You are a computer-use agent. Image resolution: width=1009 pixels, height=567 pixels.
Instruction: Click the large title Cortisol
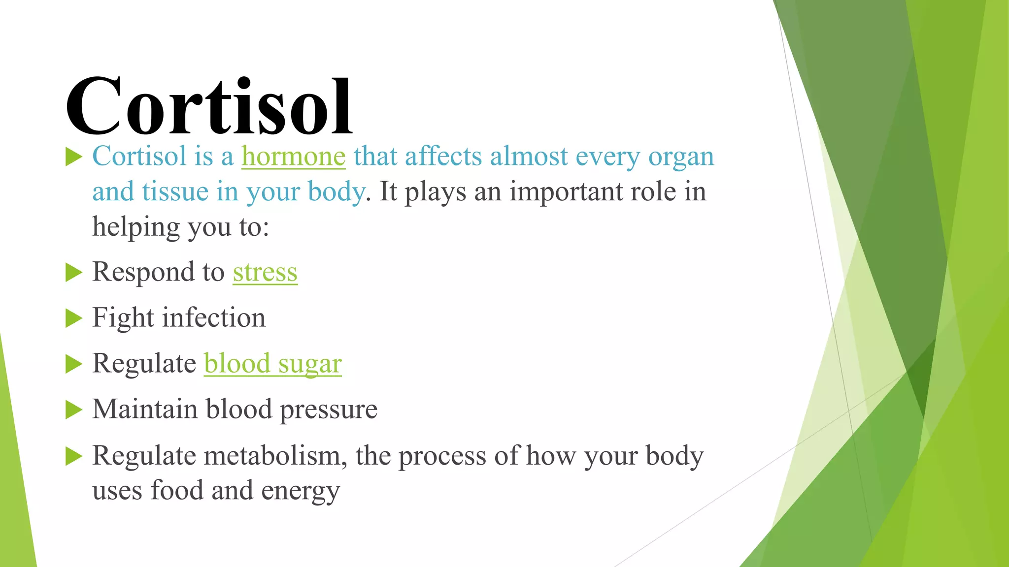point(209,106)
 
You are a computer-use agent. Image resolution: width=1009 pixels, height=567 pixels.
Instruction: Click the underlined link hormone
point(293,157)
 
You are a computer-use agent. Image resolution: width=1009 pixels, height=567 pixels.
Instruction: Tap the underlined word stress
point(265,272)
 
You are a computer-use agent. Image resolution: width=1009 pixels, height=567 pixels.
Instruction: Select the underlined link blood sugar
point(272,364)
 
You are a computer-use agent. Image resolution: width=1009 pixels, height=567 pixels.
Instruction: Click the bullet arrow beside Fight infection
point(73,318)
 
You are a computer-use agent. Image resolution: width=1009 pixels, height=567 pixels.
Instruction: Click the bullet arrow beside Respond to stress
point(73,272)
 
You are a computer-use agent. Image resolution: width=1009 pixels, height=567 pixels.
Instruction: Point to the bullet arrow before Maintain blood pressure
point(73,409)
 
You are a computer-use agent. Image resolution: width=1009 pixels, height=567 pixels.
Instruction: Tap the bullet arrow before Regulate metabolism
point(73,456)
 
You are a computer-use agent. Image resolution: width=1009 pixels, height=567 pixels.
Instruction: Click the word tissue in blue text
point(175,192)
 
